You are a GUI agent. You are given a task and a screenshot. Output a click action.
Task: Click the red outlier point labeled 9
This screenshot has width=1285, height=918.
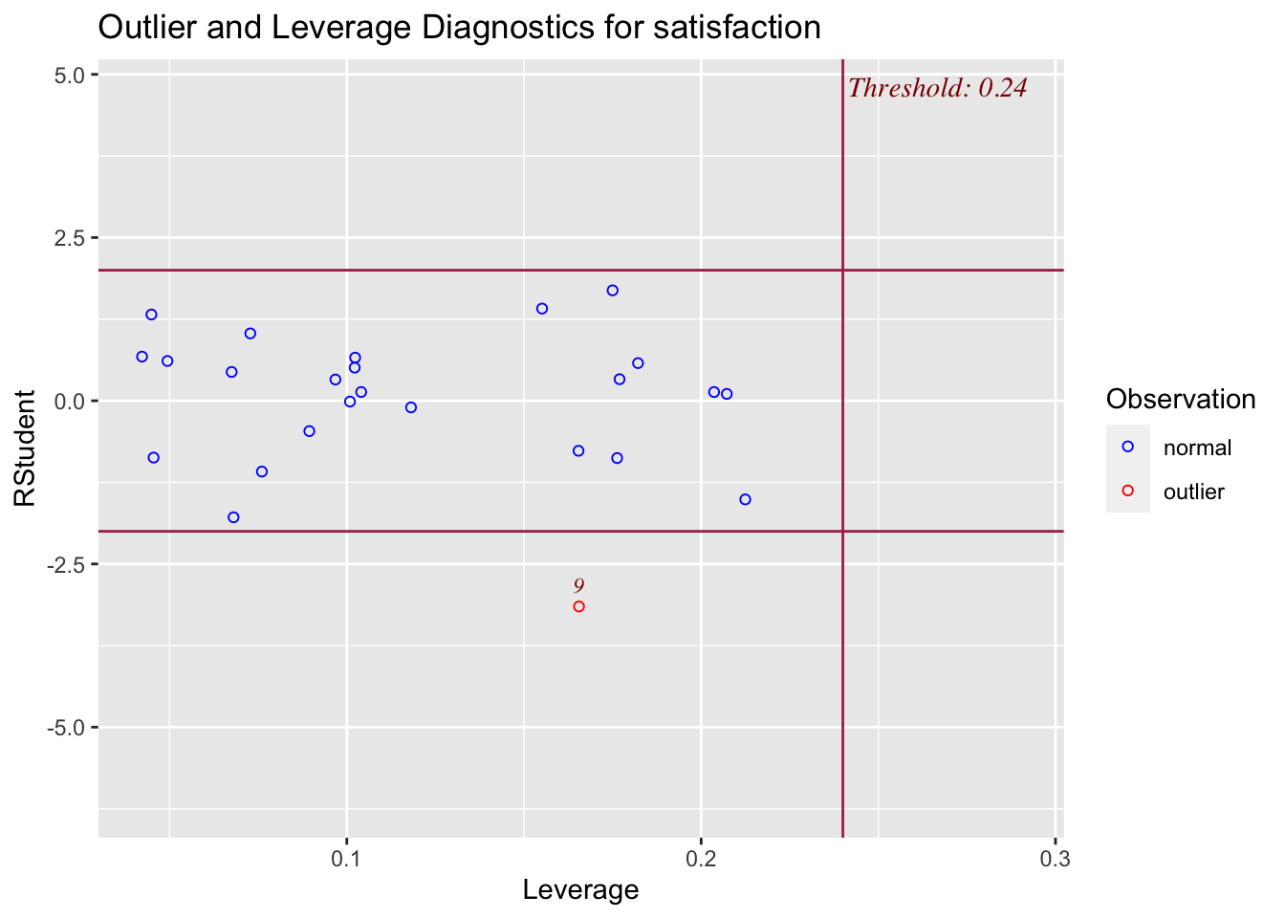point(578,606)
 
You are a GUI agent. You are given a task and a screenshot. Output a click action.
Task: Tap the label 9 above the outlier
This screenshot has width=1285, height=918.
point(578,585)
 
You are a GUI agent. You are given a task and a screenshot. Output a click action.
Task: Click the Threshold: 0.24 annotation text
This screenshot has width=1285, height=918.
point(937,88)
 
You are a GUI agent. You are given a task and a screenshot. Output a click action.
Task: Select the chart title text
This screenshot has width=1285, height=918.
point(459,27)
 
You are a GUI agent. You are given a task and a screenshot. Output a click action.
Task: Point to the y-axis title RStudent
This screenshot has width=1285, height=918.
point(24,448)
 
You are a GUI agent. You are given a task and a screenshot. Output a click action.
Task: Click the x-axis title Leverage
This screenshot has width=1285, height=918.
point(580,890)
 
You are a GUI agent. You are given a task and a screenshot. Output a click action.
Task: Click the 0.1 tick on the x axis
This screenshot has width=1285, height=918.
point(346,858)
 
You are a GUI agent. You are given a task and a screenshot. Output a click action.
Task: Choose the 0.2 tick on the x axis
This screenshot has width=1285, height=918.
point(701,858)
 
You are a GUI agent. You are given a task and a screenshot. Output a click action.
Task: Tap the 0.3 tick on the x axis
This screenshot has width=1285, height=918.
point(1055,858)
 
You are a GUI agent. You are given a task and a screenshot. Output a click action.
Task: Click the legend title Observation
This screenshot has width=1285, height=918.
point(1180,400)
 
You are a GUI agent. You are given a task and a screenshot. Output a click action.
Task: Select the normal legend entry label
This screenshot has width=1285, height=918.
point(1197,448)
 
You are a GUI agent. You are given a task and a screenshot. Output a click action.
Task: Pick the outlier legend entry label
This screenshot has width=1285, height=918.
point(1193,492)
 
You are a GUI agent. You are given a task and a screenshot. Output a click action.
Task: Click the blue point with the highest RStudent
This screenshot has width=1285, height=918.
point(613,291)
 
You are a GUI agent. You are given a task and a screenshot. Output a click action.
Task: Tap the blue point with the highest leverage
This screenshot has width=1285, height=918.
point(745,499)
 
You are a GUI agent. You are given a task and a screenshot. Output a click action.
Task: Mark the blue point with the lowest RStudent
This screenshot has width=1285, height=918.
point(233,517)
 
